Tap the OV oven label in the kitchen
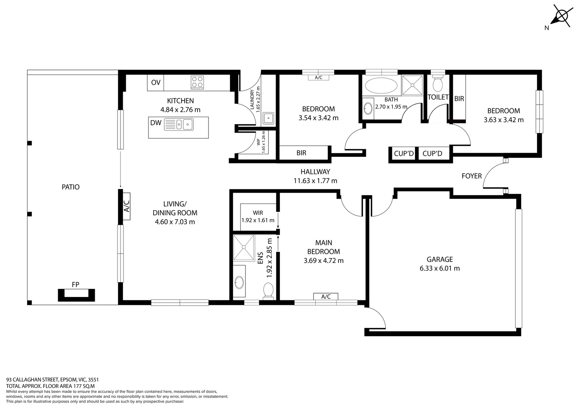[x=156, y=83]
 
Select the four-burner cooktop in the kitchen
[x=197, y=82]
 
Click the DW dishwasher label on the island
[x=156, y=123]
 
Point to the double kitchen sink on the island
[x=179, y=124]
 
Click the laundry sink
[x=268, y=118]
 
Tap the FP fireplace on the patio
[x=76, y=294]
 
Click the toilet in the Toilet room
[x=438, y=83]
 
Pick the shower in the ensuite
[x=244, y=247]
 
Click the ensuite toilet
[x=268, y=291]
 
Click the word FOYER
[x=472, y=176]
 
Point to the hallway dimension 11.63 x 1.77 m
[x=315, y=181]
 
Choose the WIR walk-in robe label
[x=258, y=213]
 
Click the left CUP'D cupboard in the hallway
[x=404, y=154]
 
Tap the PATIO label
[x=71, y=187]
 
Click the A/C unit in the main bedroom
[x=326, y=297]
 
